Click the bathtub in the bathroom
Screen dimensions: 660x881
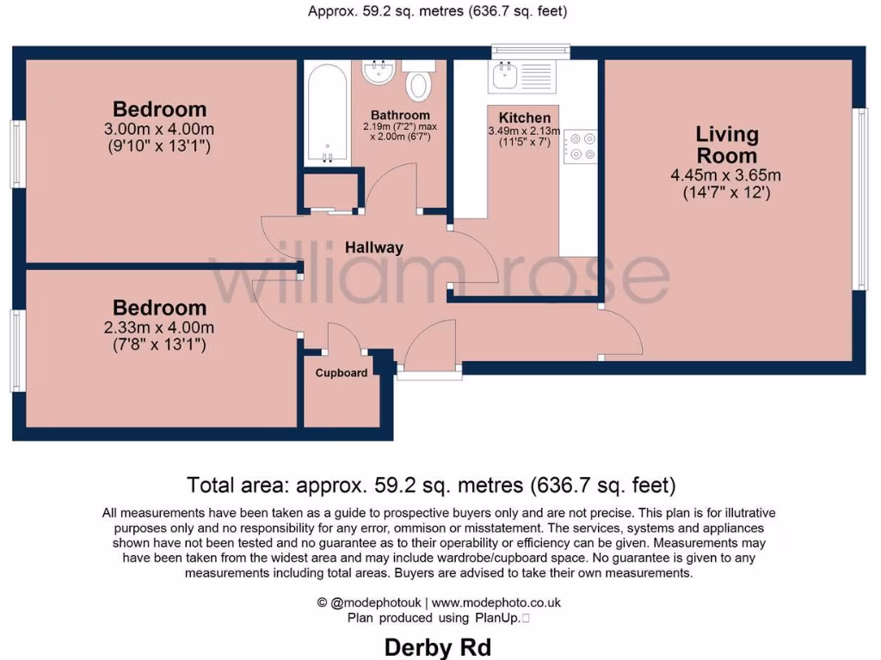tap(327, 113)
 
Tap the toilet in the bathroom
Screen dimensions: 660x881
tap(418, 82)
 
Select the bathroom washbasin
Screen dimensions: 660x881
tap(378, 71)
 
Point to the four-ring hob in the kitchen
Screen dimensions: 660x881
tap(581, 145)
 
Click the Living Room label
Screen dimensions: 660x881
tap(727, 144)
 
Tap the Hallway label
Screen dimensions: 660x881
tap(373, 247)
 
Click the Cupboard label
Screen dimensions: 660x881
tap(342, 373)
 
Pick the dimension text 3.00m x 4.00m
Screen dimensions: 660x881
tap(159, 129)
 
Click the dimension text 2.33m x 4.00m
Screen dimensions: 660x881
tap(159, 327)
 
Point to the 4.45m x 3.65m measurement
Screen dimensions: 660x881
tap(726, 176)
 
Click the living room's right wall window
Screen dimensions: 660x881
tap(859, 198)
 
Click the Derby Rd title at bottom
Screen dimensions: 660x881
tap(438, 646)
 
